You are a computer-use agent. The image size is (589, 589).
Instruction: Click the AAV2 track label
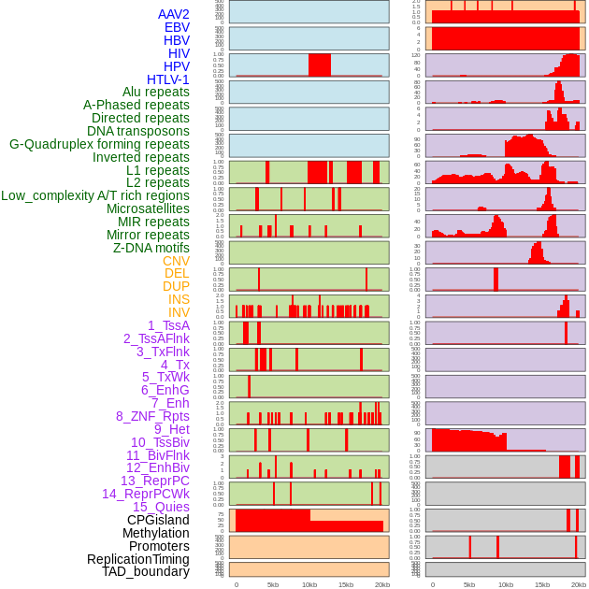173,14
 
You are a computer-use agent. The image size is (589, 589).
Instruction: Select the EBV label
177,27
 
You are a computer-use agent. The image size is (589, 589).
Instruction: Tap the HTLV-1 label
167,79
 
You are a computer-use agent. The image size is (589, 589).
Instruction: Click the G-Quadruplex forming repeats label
99,144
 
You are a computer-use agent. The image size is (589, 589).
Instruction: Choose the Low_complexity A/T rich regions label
95,195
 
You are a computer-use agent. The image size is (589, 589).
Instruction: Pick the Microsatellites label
148,208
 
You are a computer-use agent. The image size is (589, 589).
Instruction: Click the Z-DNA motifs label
151,248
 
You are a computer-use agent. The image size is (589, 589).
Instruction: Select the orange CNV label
176,261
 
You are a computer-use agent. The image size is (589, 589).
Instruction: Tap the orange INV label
178,312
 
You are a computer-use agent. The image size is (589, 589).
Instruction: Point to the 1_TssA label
168,325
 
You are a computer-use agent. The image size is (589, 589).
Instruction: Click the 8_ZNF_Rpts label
152,416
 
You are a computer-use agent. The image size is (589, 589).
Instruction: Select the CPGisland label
158,520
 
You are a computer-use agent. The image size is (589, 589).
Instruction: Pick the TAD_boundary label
145,571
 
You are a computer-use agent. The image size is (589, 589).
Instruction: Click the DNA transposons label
137,131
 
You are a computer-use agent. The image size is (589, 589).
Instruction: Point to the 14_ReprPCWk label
145,494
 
